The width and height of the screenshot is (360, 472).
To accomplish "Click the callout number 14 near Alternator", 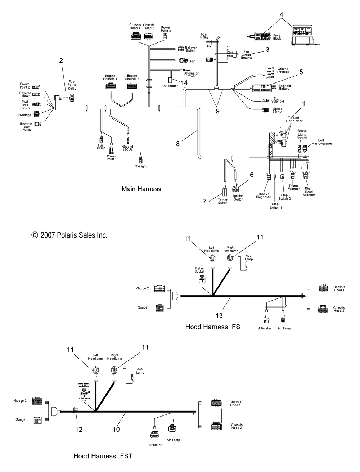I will point(184,82).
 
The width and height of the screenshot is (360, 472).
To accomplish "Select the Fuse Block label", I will point(277,37).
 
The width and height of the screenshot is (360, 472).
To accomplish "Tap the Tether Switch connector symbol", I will point(225,192).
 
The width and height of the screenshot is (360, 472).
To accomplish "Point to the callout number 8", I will point(178,144).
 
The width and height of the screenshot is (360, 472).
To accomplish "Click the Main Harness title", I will point(141,189).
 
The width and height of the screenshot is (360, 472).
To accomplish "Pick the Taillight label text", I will point(141,166).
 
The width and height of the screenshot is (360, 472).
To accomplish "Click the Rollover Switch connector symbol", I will point(181,49).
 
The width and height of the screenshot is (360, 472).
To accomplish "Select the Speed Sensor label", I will point(278,110).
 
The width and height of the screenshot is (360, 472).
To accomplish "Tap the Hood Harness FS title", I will point(212,327).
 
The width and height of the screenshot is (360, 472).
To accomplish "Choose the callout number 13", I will point(219,316).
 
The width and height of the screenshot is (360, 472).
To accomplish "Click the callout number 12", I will point(79,429).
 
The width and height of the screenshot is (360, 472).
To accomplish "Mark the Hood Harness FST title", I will point(103,456).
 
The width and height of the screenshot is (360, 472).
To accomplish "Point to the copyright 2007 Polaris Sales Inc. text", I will point(69,235).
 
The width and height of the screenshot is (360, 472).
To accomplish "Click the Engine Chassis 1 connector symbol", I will point(110,86).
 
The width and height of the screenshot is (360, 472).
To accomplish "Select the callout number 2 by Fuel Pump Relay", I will point(61,60).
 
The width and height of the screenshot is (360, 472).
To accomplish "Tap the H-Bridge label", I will point(25,115).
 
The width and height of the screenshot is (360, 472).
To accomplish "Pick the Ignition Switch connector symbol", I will point(236,188).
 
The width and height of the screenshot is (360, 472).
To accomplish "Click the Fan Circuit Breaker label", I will point(247,55).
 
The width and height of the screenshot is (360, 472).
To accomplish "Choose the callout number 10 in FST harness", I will point(116,429).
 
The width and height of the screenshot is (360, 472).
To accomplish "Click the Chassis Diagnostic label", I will point(264,195).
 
